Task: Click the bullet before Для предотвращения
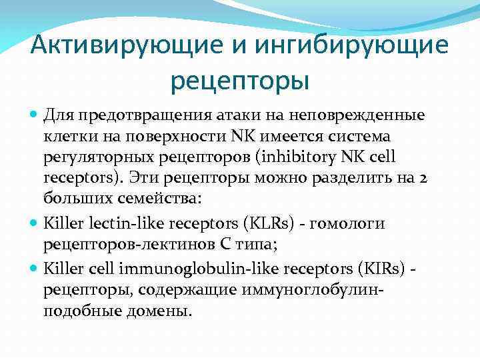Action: pyautogui.click(x=34, y=116)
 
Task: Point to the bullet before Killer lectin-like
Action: pyautogui.click(x=34, y=223)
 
